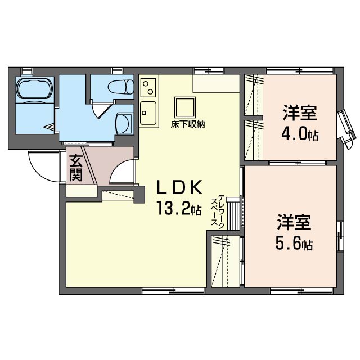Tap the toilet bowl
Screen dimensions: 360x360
pyautogui.click(x=121, y=87)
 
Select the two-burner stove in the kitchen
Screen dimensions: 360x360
pyautogui.click(x=148, y=88)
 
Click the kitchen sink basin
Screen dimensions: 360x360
pyautogui.click(x=148, y=113)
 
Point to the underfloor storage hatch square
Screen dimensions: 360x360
pyautogui.click(x=185, y=107)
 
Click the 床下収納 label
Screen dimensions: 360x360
pyautogui.click(x=187, y=125)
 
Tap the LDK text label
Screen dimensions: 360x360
pyautogui.click(x=179, y=187)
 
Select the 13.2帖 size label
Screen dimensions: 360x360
pyautogui.click(x=179, y=208)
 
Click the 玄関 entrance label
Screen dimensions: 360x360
pyautogui.click(x=76, y=168)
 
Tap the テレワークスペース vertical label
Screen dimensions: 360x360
pyautogui.click(x=218, y=211)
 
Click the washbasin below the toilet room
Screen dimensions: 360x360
pyautogui.click(x=124, y=124)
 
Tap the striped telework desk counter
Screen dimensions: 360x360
pyautogui.click(x=233, y=215)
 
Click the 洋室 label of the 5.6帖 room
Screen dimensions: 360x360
pyautogui.click(x=294, y=223)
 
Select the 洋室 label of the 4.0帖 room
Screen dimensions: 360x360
pyautogui.click(x=300, y=112)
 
